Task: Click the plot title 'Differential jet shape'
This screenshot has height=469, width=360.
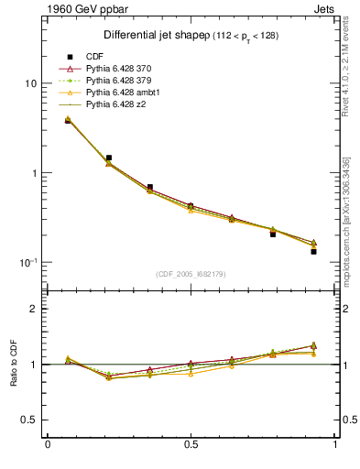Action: (147, 36)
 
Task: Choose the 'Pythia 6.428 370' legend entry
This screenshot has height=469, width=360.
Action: (120, 69)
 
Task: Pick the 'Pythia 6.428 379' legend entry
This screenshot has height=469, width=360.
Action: (120, 81)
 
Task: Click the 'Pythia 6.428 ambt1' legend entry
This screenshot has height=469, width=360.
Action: (123, 93)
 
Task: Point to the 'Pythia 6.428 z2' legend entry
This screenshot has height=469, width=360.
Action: (116, 104)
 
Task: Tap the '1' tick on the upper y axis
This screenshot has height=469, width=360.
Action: (33, 173)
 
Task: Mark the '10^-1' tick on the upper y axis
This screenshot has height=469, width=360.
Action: (27, 262)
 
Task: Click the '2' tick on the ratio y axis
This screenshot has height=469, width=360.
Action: (34, 309)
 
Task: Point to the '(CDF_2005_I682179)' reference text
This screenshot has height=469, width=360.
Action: (190, 274)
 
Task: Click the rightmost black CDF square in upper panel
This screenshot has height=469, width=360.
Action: (313, 251)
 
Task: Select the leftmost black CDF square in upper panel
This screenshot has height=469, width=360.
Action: (69, 120)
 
